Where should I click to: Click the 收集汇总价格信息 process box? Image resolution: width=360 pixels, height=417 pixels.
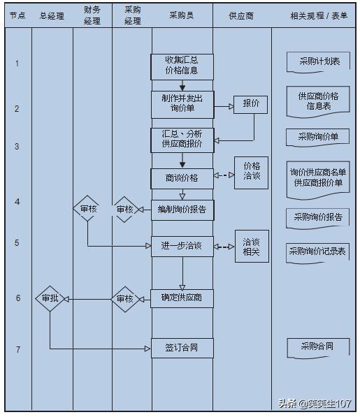tap(182, 66)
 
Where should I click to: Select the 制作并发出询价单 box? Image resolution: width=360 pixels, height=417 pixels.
tap(182, 104)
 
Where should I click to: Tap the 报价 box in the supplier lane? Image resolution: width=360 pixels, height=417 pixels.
tap(251, 104)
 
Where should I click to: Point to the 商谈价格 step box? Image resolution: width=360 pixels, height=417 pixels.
tap(182, 177)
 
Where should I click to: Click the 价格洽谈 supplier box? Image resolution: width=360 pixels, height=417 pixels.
tap(252, 172)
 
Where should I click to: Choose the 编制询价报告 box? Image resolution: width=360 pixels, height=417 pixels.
tap(182, 210)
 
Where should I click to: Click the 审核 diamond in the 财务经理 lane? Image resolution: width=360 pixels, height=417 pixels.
tap(88, 209)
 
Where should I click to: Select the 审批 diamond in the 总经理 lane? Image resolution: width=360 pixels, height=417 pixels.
tap(50, 298)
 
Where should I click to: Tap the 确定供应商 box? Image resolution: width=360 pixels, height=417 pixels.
tap(182, 298)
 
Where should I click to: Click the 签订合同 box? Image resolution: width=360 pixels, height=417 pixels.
tap(182, 347)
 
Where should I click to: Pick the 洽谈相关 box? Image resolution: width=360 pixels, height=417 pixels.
tap(251, 247)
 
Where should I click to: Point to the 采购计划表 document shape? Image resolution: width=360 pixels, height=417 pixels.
tap(318, 62)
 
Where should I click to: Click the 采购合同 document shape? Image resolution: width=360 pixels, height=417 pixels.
tap(317, 347)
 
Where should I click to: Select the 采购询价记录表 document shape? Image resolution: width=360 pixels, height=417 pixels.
tap(318, 251)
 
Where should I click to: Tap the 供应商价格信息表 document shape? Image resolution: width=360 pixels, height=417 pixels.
tap(318, 101)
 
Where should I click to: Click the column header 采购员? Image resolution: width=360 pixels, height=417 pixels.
tap(182, 15)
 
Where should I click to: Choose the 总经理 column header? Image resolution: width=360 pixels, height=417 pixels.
tap(52, 15)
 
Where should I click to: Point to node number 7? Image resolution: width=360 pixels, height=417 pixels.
tap(17, 349)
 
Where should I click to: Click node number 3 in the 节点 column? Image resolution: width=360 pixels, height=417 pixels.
tap(17, 147)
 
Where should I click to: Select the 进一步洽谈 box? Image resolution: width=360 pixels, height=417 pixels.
tap(182, 245)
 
